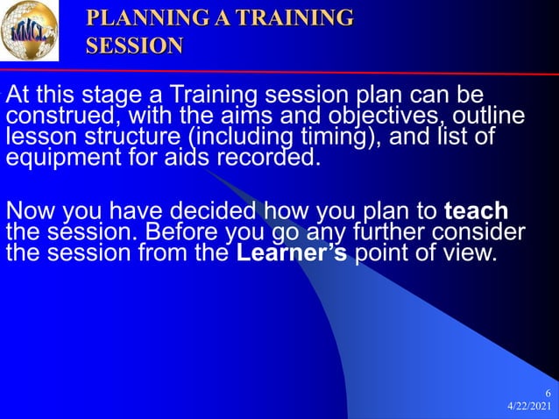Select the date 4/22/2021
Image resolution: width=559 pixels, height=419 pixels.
(528, 408)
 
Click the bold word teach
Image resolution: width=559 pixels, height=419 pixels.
(476, 212)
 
